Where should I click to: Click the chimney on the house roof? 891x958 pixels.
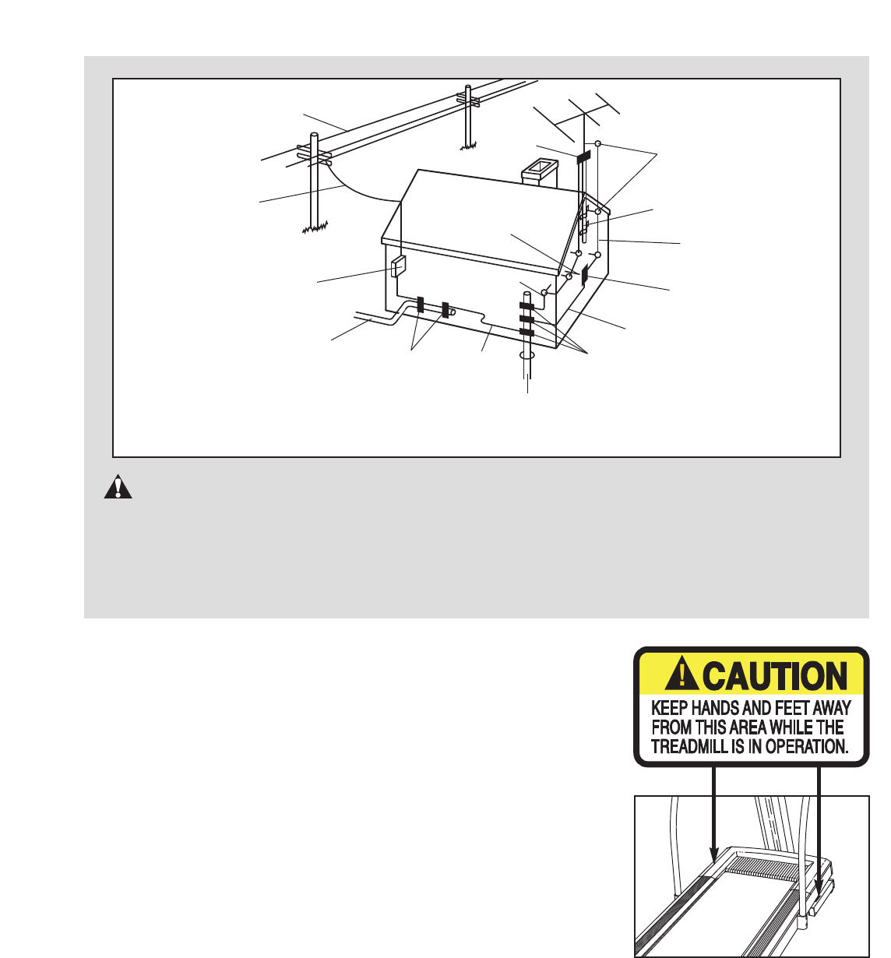point(540,173)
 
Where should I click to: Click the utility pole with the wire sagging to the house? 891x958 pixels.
point(314,182)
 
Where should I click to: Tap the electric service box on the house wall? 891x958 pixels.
point(398,266)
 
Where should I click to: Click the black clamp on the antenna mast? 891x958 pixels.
point(583,157)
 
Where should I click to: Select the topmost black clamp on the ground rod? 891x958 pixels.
point(526,305)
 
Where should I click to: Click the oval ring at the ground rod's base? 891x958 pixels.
point(526,355)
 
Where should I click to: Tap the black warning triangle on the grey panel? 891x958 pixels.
point(118,488)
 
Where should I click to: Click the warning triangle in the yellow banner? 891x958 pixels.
point(681,672)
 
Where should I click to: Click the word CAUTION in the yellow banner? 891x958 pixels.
point(775,676)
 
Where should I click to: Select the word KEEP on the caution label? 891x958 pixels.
point(670,708)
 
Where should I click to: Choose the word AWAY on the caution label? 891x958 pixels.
point(832,708)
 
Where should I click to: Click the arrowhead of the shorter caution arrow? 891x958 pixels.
point(714,854)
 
